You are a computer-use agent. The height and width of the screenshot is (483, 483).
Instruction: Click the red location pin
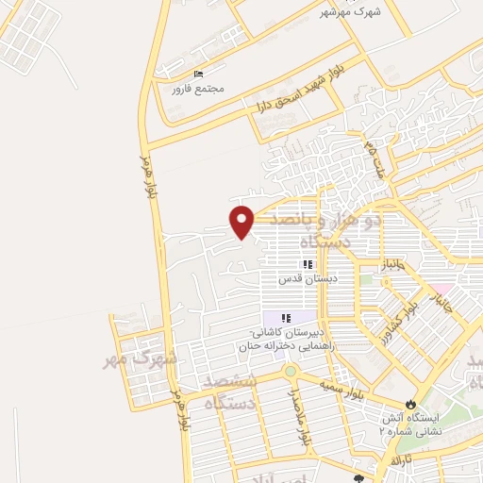242,221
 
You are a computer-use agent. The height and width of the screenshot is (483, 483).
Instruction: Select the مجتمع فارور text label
198,89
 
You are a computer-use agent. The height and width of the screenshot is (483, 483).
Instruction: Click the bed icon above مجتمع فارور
198,74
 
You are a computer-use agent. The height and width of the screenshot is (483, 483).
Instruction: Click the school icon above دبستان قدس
306,265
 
